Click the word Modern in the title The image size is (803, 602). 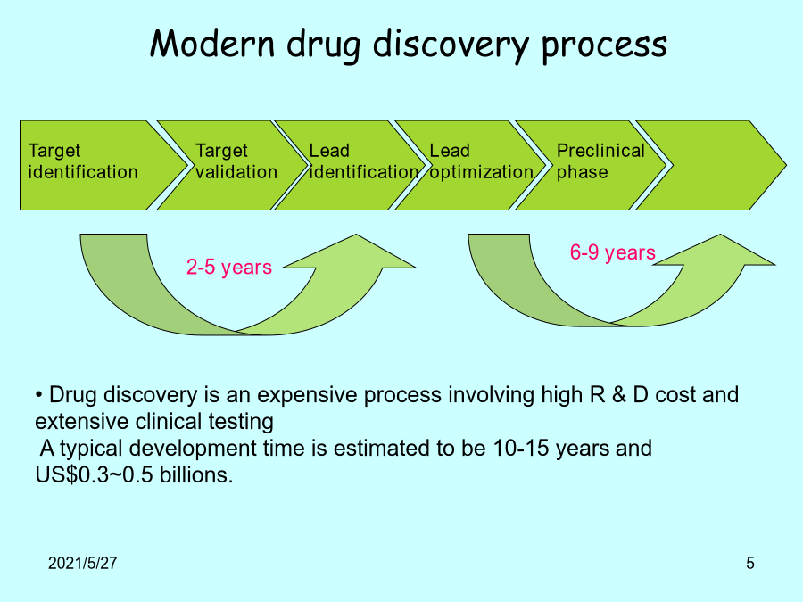(212, 43)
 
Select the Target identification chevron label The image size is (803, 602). (83, 161)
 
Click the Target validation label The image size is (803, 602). (236, 161)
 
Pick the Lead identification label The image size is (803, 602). (364, 161)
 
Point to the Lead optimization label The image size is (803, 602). (482, 161)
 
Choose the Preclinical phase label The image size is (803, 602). (600, 161)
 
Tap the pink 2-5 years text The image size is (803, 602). (229, 268)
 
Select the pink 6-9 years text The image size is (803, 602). (612, 252)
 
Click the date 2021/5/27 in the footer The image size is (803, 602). (82, 563)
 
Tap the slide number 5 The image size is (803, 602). (750, 563)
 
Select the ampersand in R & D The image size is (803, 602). (619, 395)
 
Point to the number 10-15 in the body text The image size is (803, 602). (521, 449)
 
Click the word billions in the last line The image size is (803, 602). (196, 475)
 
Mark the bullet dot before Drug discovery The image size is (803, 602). (39, 395)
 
